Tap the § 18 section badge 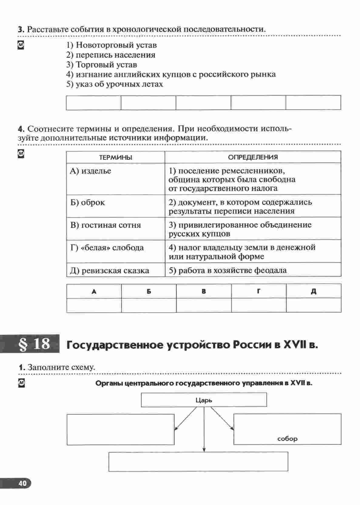[34, 344]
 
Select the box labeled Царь [204, 400]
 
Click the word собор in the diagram [287, 439]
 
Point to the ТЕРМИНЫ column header [116, 157]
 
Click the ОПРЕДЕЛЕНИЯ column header [253, 157]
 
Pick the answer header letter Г [258, 291]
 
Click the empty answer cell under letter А [94, 305]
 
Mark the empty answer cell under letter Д [313, 305]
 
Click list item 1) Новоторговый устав [111, 45]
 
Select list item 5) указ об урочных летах [114, 84]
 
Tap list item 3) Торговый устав [102, 65]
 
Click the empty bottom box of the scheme [198, 462]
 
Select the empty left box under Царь [120, 430]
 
